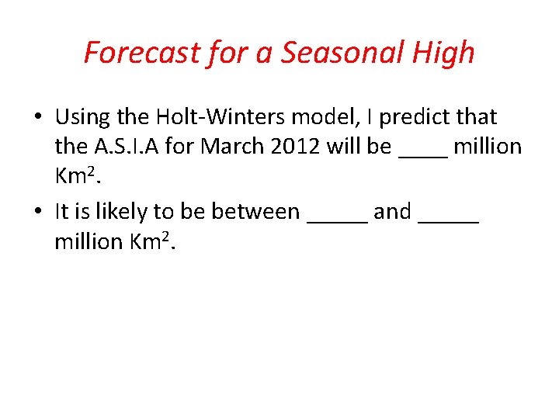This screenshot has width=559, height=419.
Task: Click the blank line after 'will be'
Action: (x=422, y=154)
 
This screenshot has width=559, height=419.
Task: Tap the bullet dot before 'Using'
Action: (x=37, y=118)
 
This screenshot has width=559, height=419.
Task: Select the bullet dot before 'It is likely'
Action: (x=37, y=212)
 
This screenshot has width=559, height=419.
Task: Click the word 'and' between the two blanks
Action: (x=392, y=211)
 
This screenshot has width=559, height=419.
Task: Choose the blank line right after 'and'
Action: (x=448, y=219)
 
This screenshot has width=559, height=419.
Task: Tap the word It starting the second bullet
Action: (x=62, y=211)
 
